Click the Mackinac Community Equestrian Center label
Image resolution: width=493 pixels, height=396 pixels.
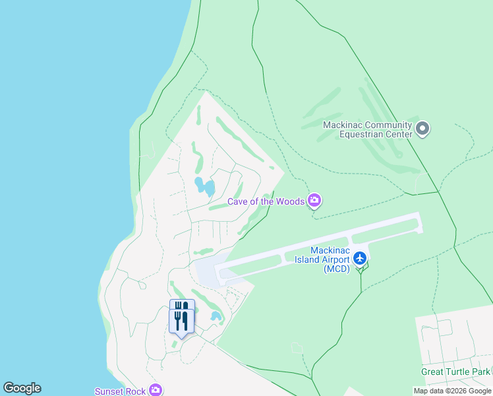366,129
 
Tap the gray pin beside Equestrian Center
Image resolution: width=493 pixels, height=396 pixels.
423,129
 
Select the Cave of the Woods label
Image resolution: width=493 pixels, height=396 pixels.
266,201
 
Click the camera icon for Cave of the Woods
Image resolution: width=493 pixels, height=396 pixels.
315,200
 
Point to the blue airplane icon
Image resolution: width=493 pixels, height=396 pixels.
360,257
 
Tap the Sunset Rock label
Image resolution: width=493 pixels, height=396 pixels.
119,391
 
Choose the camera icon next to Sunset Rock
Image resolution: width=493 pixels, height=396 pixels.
156,390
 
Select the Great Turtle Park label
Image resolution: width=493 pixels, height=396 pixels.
455,372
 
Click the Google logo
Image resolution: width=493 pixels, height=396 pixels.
22,388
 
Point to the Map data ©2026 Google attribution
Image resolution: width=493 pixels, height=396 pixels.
452,391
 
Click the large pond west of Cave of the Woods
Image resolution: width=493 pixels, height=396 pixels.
204,185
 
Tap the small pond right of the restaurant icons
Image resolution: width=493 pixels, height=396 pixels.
216,316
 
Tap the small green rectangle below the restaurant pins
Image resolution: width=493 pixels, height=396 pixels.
175,344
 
